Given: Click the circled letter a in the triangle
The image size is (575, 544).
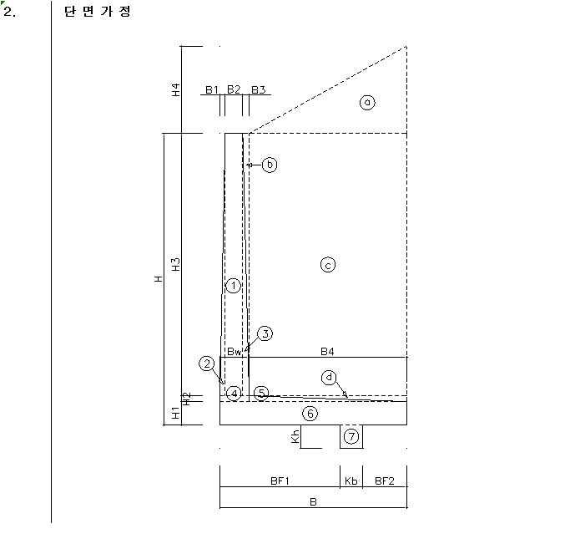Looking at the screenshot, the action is (367, 103).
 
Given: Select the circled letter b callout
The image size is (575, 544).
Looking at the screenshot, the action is (270, 165).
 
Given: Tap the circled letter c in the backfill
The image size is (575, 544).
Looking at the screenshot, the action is (328, 265).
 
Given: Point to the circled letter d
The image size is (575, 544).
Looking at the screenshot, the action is (329, 378).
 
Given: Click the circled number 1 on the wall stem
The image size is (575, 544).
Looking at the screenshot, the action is (233, 286).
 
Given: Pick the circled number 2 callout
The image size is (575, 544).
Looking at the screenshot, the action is (207, 364).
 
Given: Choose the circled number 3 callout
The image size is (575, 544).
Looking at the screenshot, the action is (265, 333).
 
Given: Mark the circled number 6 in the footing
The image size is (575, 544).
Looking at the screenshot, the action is (310, 414).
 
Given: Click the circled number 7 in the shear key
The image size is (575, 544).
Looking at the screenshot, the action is (351, 437).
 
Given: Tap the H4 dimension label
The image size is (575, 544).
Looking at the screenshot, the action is (176, 90).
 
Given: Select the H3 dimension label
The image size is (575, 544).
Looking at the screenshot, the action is (176, 265).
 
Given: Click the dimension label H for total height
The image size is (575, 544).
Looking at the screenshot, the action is (158, 279).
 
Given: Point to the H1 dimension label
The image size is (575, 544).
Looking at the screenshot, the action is (176, 413).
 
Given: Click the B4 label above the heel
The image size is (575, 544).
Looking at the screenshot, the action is (327, 352).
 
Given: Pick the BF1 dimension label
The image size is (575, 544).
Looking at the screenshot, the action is (280, 480).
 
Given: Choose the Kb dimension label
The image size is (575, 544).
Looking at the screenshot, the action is (351, 480).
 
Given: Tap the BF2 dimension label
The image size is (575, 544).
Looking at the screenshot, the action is (385, 480).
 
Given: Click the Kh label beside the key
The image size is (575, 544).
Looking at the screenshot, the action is (295, 436).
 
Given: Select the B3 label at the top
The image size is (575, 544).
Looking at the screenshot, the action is (258, 89).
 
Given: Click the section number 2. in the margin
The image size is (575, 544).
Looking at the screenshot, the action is (9, 12).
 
